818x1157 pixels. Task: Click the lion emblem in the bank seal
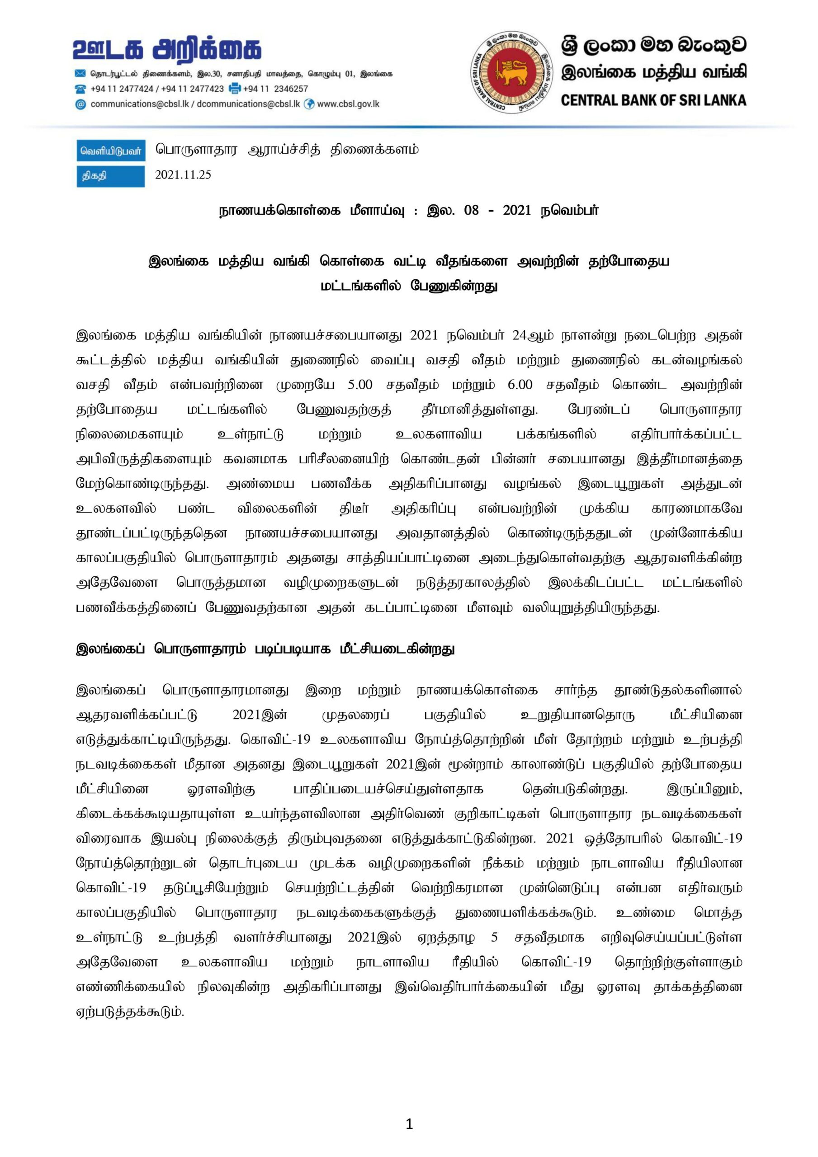[x=512, y=72]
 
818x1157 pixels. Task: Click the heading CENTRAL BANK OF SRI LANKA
[x=653, y=100]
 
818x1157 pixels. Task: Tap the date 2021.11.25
[x=183, y=175]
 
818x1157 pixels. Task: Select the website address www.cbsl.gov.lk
[x=348, y=104]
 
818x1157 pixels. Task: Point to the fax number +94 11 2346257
[x=275, y=89]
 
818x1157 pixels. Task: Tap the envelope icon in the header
[x=80, y=74]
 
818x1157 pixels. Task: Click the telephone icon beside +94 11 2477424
[x=80, y=89]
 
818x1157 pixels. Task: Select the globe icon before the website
[x=309, y=104]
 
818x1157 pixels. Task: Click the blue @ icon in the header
[x=80, y=104]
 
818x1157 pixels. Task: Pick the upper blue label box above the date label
[x=111, y=151]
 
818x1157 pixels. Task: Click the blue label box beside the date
[x=111, y=176]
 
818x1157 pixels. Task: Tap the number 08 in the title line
[x=471, y=211]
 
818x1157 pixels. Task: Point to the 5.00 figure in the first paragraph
[x=359, y=385]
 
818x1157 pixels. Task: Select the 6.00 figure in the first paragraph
[x=520, y=385]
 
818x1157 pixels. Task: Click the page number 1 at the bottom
[x=409, y=1123]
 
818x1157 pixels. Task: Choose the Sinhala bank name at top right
[x=653, y=45]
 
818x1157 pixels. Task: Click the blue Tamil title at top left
[x=167, y=49]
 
